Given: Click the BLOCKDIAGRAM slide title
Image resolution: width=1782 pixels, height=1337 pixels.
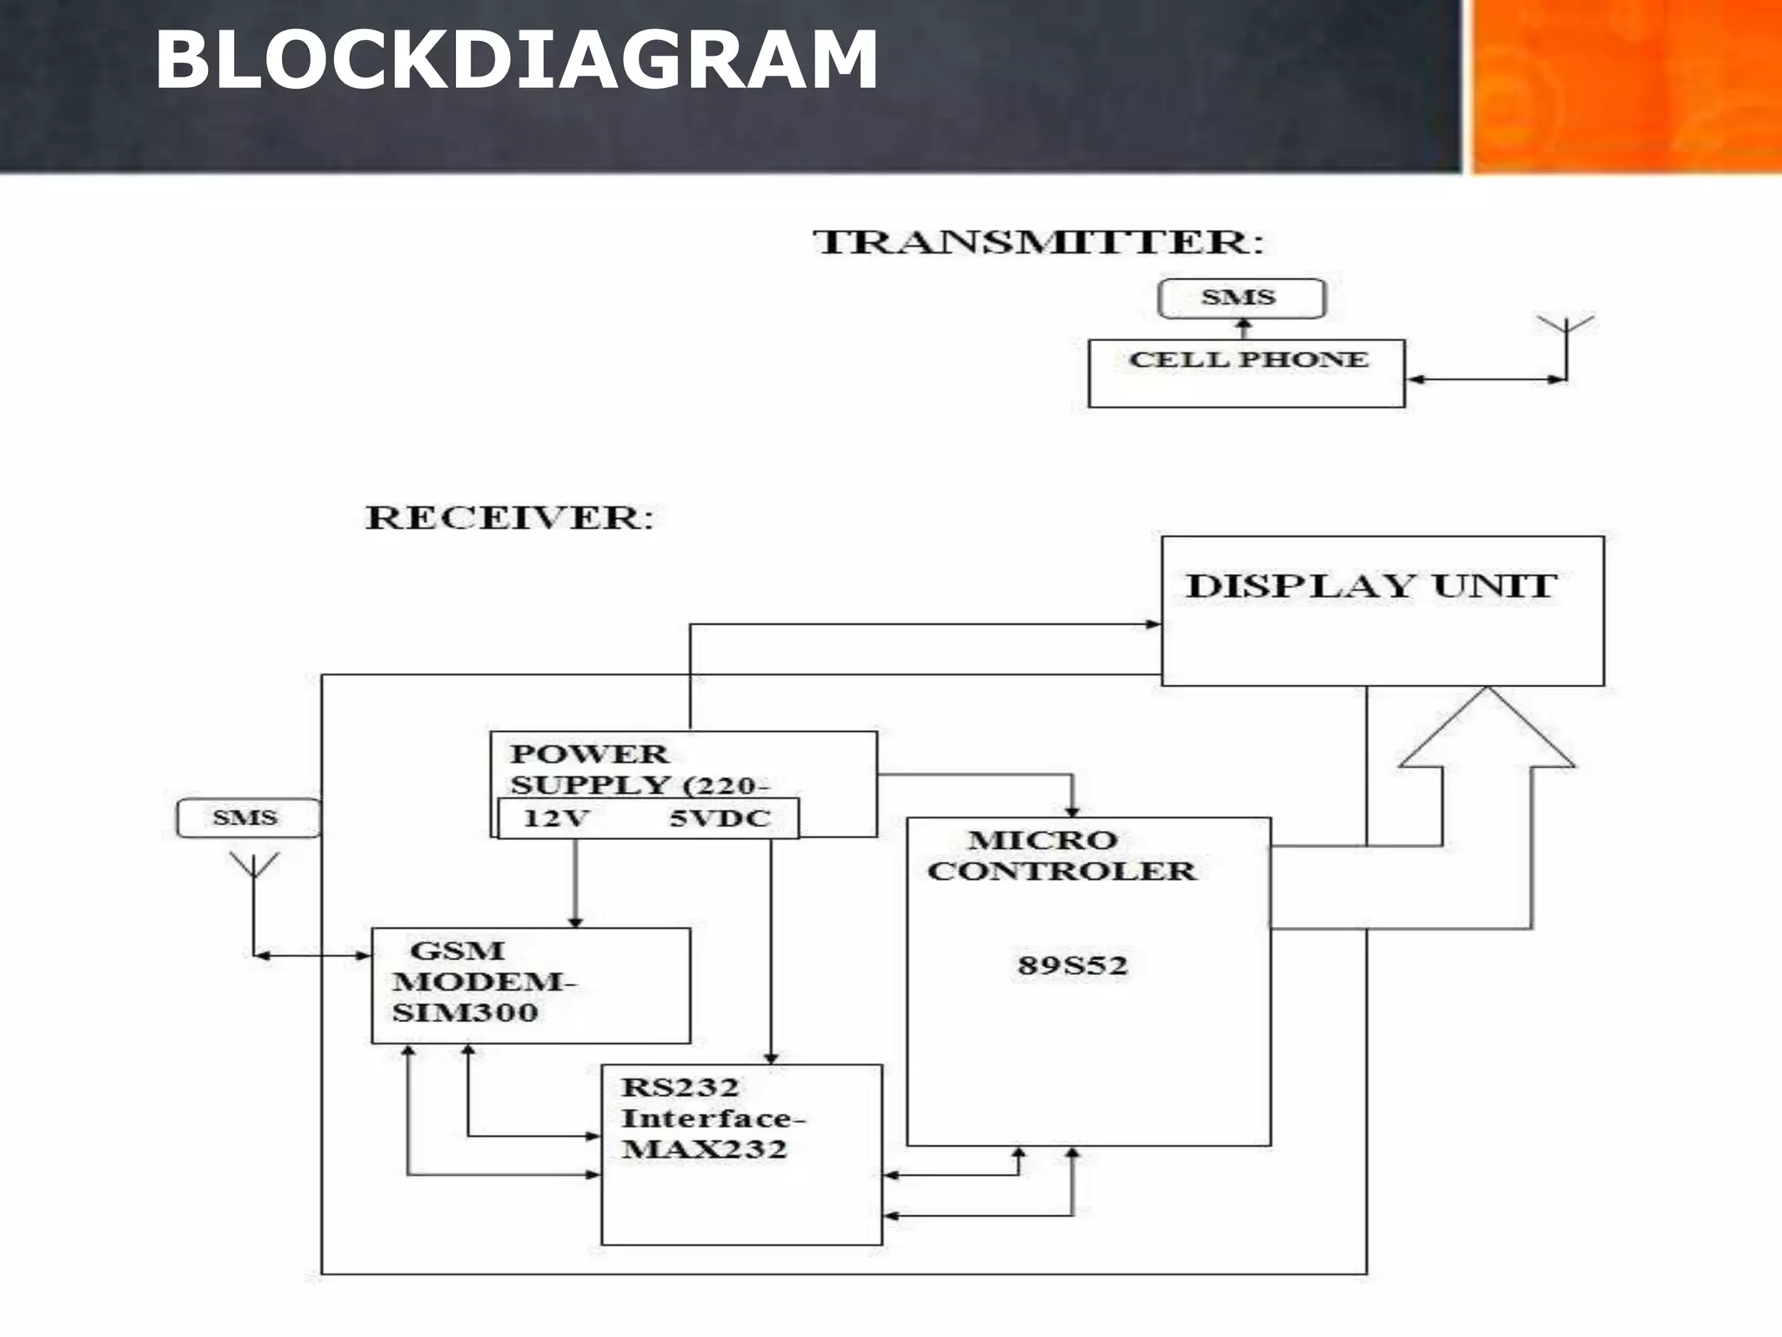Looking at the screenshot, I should pos(516,59).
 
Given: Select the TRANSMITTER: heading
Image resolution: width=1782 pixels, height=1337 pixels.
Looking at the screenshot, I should pos(1038,242).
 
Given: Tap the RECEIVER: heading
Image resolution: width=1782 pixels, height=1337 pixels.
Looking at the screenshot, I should pos(509,518).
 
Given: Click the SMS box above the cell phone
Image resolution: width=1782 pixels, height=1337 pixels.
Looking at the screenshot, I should pos(1241,298).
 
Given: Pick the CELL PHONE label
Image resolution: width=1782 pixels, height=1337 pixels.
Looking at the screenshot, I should pos(1248,359).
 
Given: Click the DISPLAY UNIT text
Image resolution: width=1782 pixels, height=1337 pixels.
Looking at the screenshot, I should pos(1371,586).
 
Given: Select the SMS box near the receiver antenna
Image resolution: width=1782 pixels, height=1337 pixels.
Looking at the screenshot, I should pos(246,818).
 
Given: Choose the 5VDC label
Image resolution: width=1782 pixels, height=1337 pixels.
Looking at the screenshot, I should pos(720,818).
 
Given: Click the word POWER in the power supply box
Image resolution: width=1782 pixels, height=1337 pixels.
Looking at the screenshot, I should pos(589,754).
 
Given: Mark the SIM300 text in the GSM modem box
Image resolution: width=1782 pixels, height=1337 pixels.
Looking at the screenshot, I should pos(466,1012).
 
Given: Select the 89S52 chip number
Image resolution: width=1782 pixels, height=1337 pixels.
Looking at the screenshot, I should pos(1072,965).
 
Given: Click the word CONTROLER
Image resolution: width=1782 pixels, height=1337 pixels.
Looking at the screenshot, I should pos(1062,871).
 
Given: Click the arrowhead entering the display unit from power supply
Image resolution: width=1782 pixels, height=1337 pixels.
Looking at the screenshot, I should pos(1152,624).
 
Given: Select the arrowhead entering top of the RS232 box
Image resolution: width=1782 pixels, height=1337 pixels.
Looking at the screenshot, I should pos(771,1058).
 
